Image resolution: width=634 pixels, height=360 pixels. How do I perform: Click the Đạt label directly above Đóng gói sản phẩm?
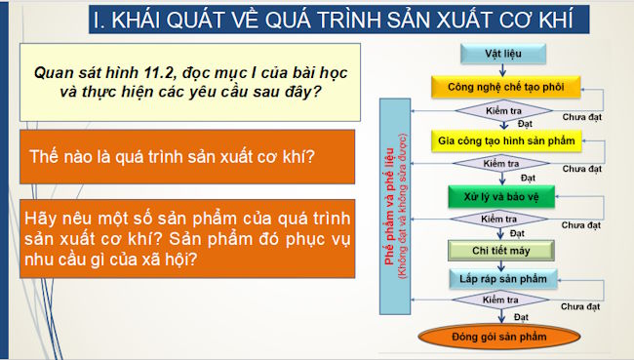524,317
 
